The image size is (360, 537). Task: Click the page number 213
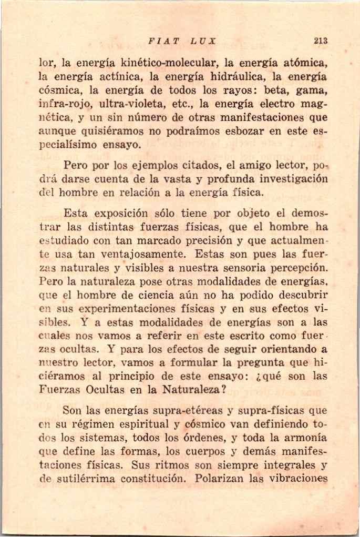coord(320,40)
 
